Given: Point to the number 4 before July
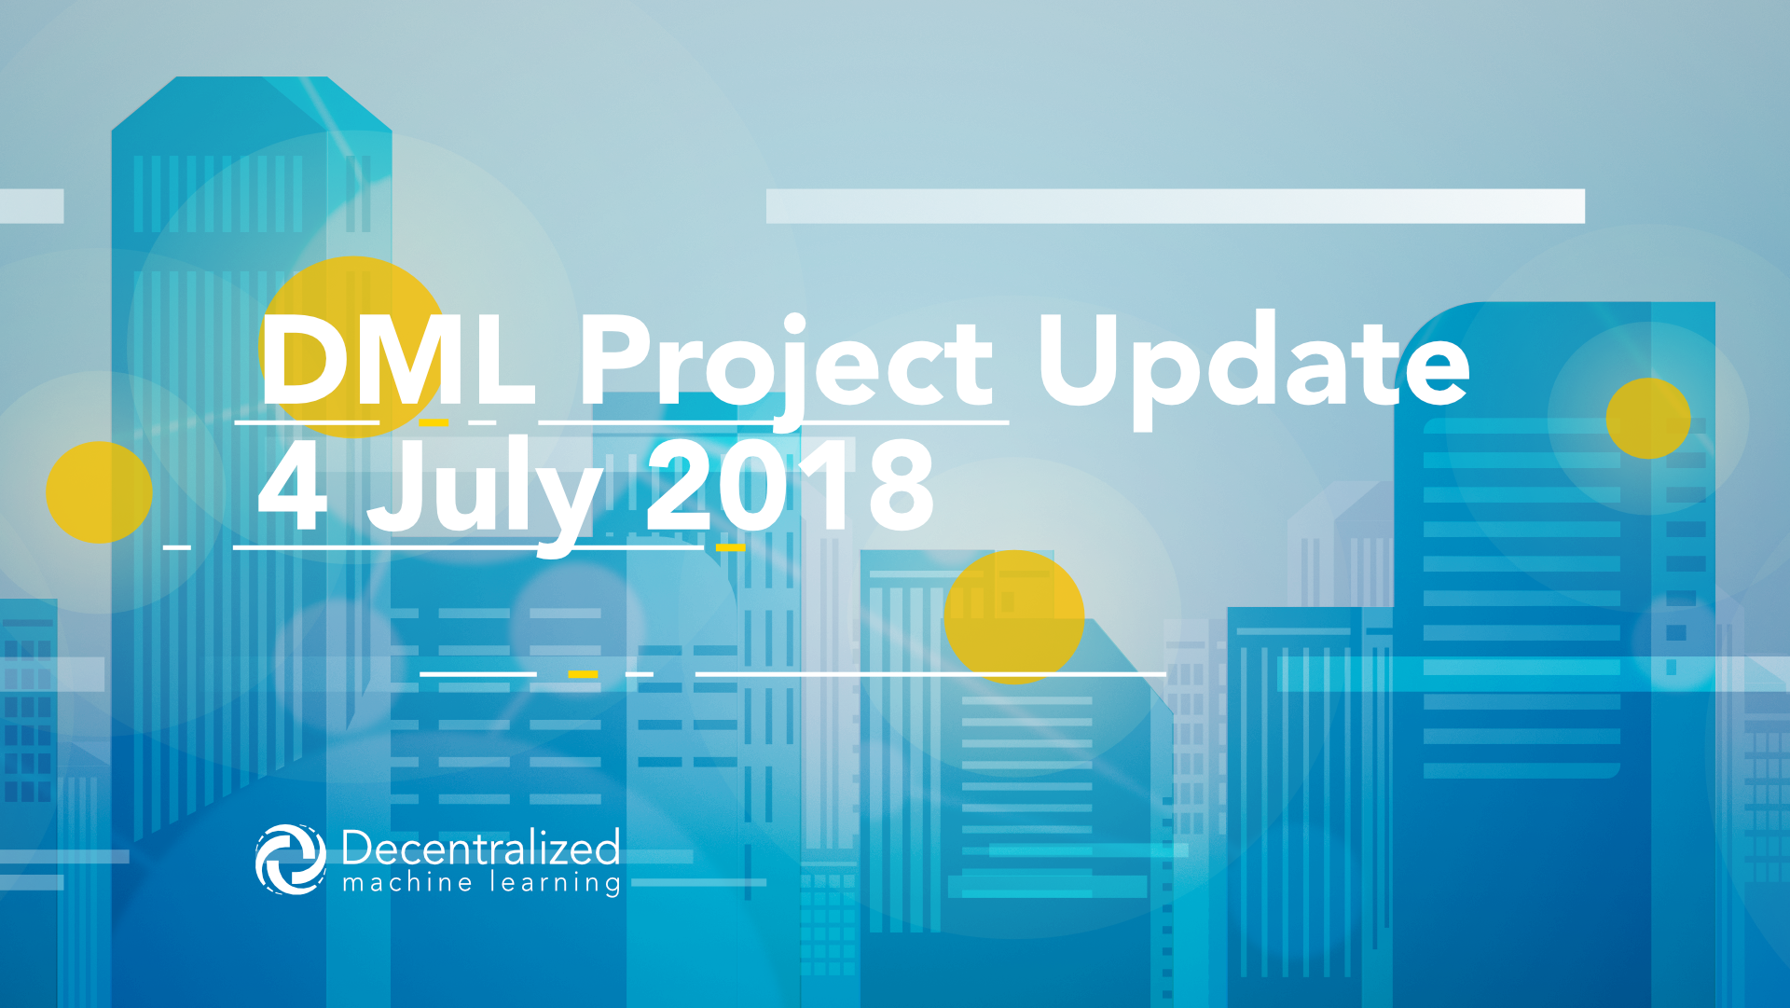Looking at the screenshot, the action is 292,484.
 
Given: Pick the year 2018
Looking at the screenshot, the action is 791,485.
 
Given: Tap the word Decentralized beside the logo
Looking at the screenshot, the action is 481,848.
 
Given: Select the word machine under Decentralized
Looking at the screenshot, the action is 407,882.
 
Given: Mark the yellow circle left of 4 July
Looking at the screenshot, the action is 99,492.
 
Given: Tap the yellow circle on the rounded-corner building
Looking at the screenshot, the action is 1648,418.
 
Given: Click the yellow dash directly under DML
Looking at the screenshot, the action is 434,422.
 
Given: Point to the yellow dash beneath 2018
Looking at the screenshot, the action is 731,547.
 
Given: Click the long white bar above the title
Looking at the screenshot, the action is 1176,206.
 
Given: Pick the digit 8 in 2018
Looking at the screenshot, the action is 899,485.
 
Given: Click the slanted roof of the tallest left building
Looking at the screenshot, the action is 252,104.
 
